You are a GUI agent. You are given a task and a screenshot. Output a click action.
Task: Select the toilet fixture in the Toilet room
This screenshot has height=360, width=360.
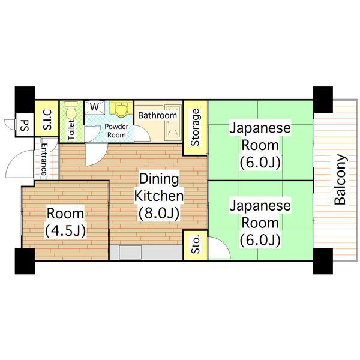coord(72,111)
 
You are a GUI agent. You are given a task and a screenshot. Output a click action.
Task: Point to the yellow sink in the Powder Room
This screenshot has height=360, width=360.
coord(122,109)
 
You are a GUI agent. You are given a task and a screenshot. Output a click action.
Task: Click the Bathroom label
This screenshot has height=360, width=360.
coord(157,115)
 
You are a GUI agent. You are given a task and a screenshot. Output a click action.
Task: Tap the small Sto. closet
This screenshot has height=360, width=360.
coord(196,245)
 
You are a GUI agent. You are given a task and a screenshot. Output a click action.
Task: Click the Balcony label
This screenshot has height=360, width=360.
coord(340,180)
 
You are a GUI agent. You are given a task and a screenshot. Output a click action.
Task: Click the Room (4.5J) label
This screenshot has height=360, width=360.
coord(66,222)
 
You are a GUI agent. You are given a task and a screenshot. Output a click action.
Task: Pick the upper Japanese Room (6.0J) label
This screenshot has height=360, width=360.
coord(260,145)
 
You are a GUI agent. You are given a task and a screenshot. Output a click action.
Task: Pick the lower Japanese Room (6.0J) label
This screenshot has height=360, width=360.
coord(260,223)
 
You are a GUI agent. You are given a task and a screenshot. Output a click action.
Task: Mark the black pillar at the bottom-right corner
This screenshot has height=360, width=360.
coord(322,260)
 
